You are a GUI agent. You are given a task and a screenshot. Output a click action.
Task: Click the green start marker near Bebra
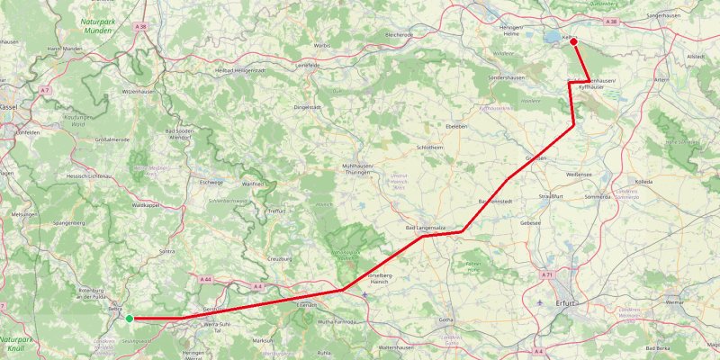pyautogui.click(x=130, y=319)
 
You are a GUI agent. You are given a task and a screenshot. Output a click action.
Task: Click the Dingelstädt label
pyautogui.click(x=308, y=107)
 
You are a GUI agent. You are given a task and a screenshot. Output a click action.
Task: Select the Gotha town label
pyautogui.click(x=445, y=319)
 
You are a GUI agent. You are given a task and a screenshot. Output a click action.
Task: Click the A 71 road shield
pyautogui.click(x=546, y=274)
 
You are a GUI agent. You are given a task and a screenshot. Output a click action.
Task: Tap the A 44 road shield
pyautogui.click(x=206, y=280)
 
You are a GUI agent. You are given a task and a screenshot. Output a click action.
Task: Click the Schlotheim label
pyautogui.click(x=430, y=147)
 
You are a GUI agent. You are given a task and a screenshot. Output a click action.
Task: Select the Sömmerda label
pyautogui.click(x=598, y=194)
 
